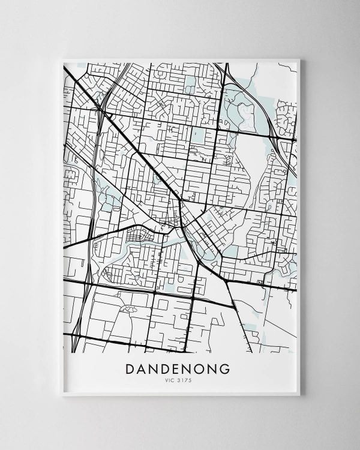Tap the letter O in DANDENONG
(197, 368)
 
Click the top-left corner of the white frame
(62, 58)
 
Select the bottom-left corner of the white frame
(62, 395)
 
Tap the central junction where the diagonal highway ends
(182, 200)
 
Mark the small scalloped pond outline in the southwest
(128, 308)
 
